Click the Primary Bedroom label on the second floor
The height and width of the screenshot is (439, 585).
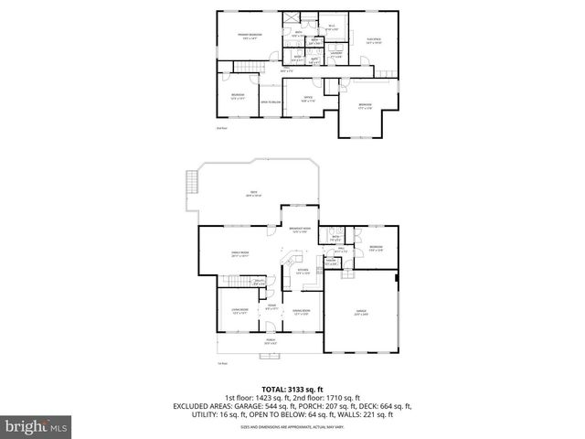tap(247, 37)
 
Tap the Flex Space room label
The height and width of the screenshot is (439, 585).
tap(373, 40)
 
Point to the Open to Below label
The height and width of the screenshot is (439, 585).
tap(270, 102)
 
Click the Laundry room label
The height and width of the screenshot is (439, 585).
tap(336, 54)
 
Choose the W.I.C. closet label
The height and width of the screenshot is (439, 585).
tap(332, 27)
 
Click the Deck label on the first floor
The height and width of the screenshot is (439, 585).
tap(255, 194)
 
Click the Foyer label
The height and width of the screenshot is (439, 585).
tap(271, 307)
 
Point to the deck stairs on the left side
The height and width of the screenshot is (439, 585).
tap(190, 183)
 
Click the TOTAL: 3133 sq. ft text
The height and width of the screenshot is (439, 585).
tap(293, 389)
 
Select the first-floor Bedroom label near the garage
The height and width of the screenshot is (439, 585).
tap(376, 249)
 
